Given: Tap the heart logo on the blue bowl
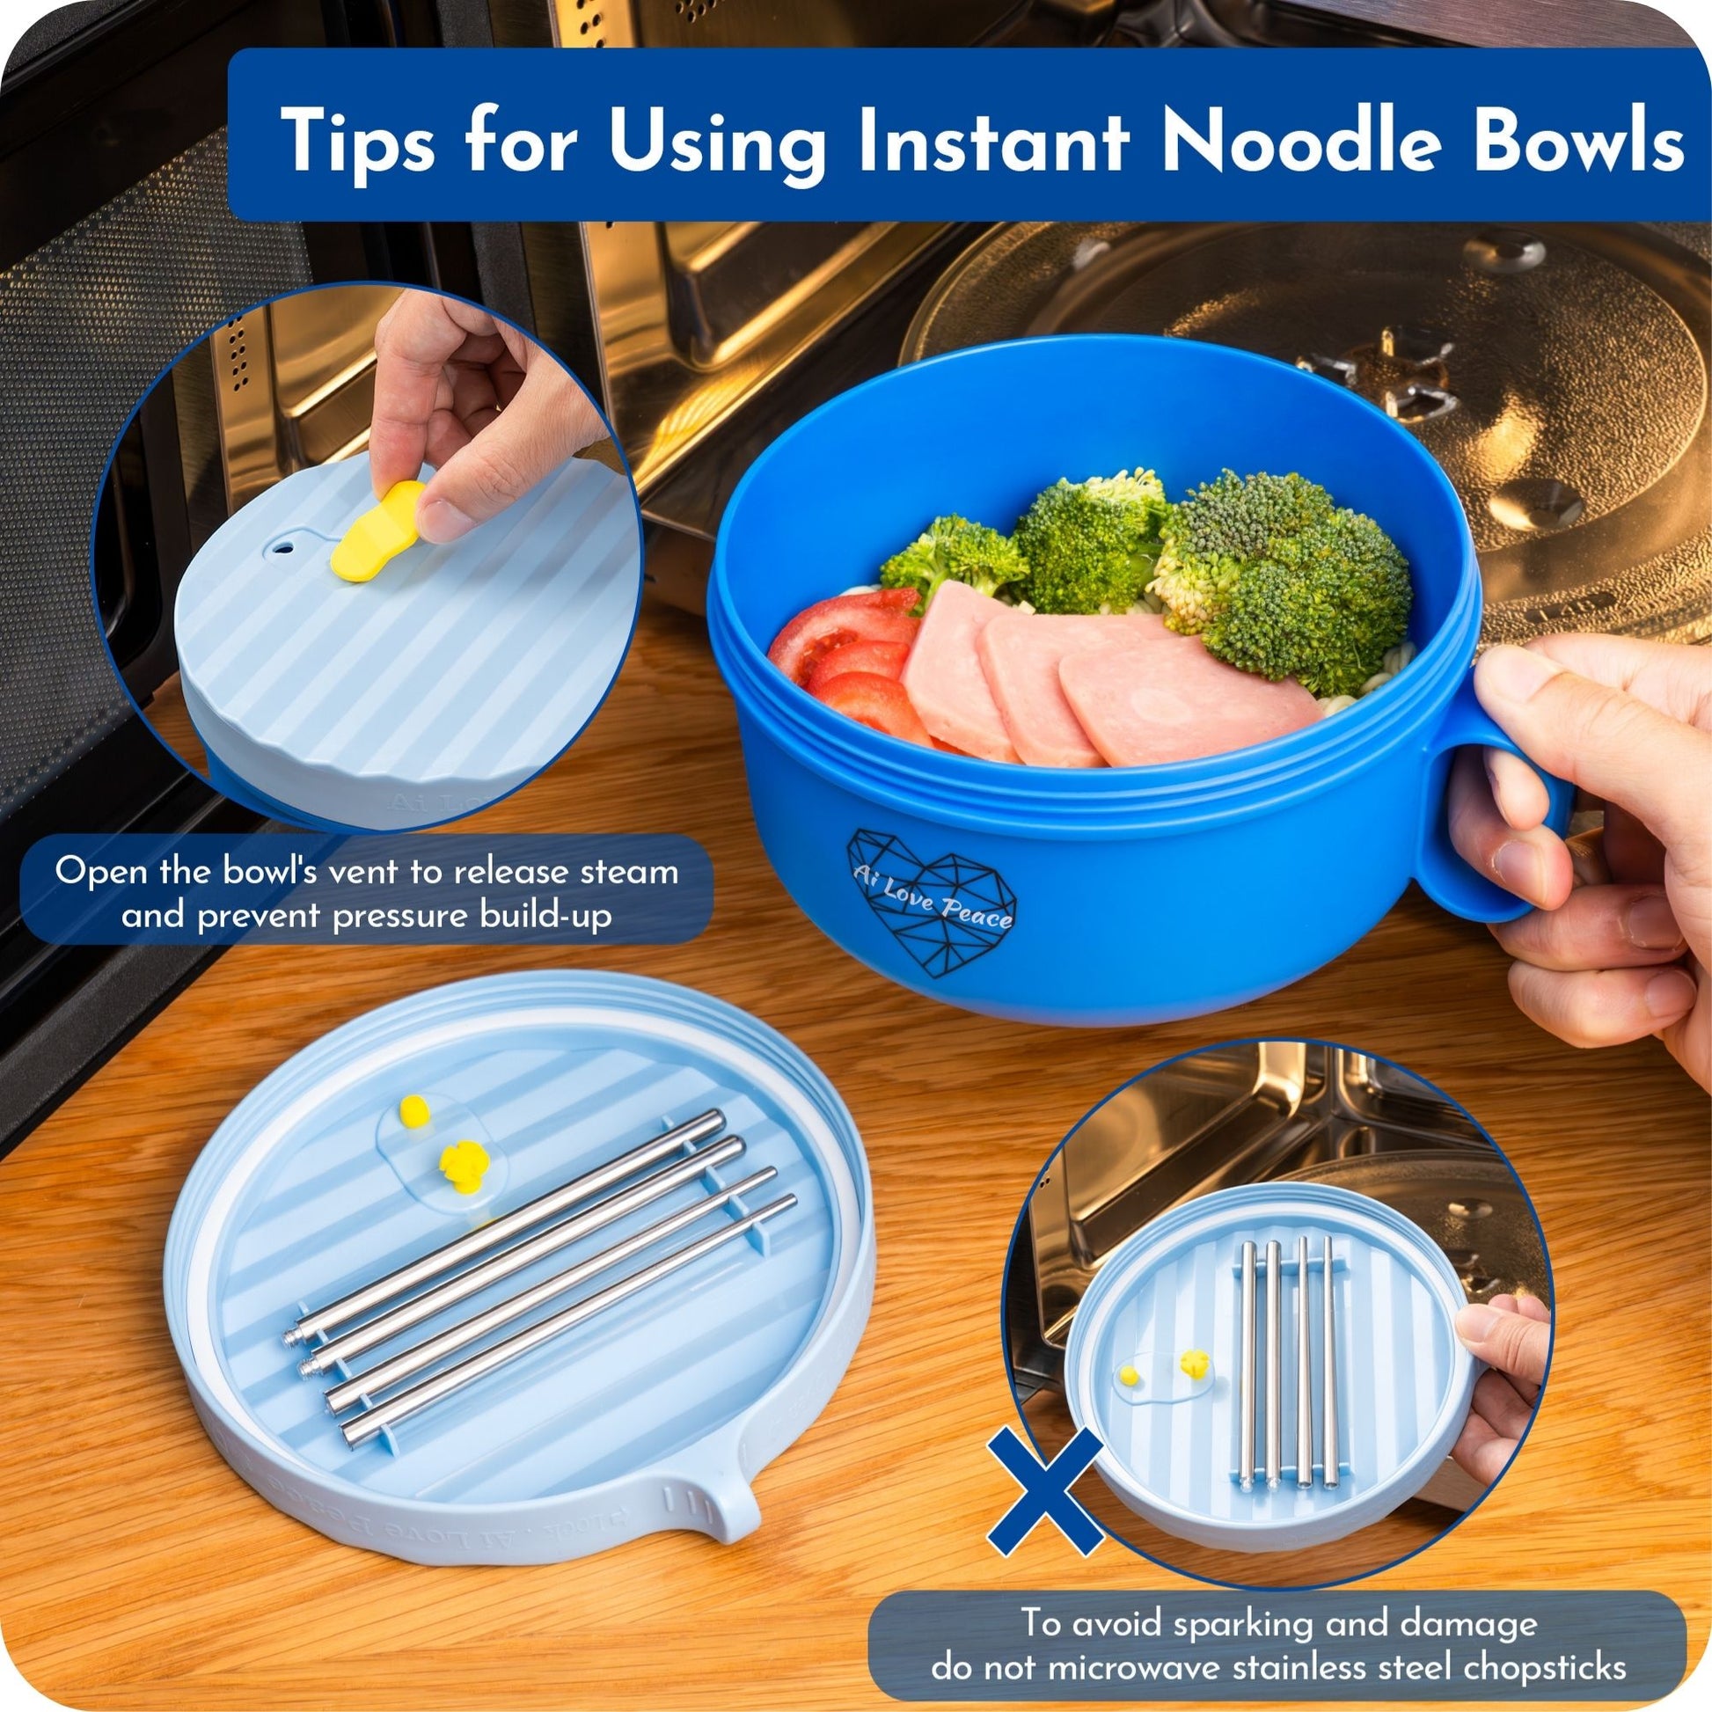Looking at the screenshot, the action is tap(932, 894).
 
